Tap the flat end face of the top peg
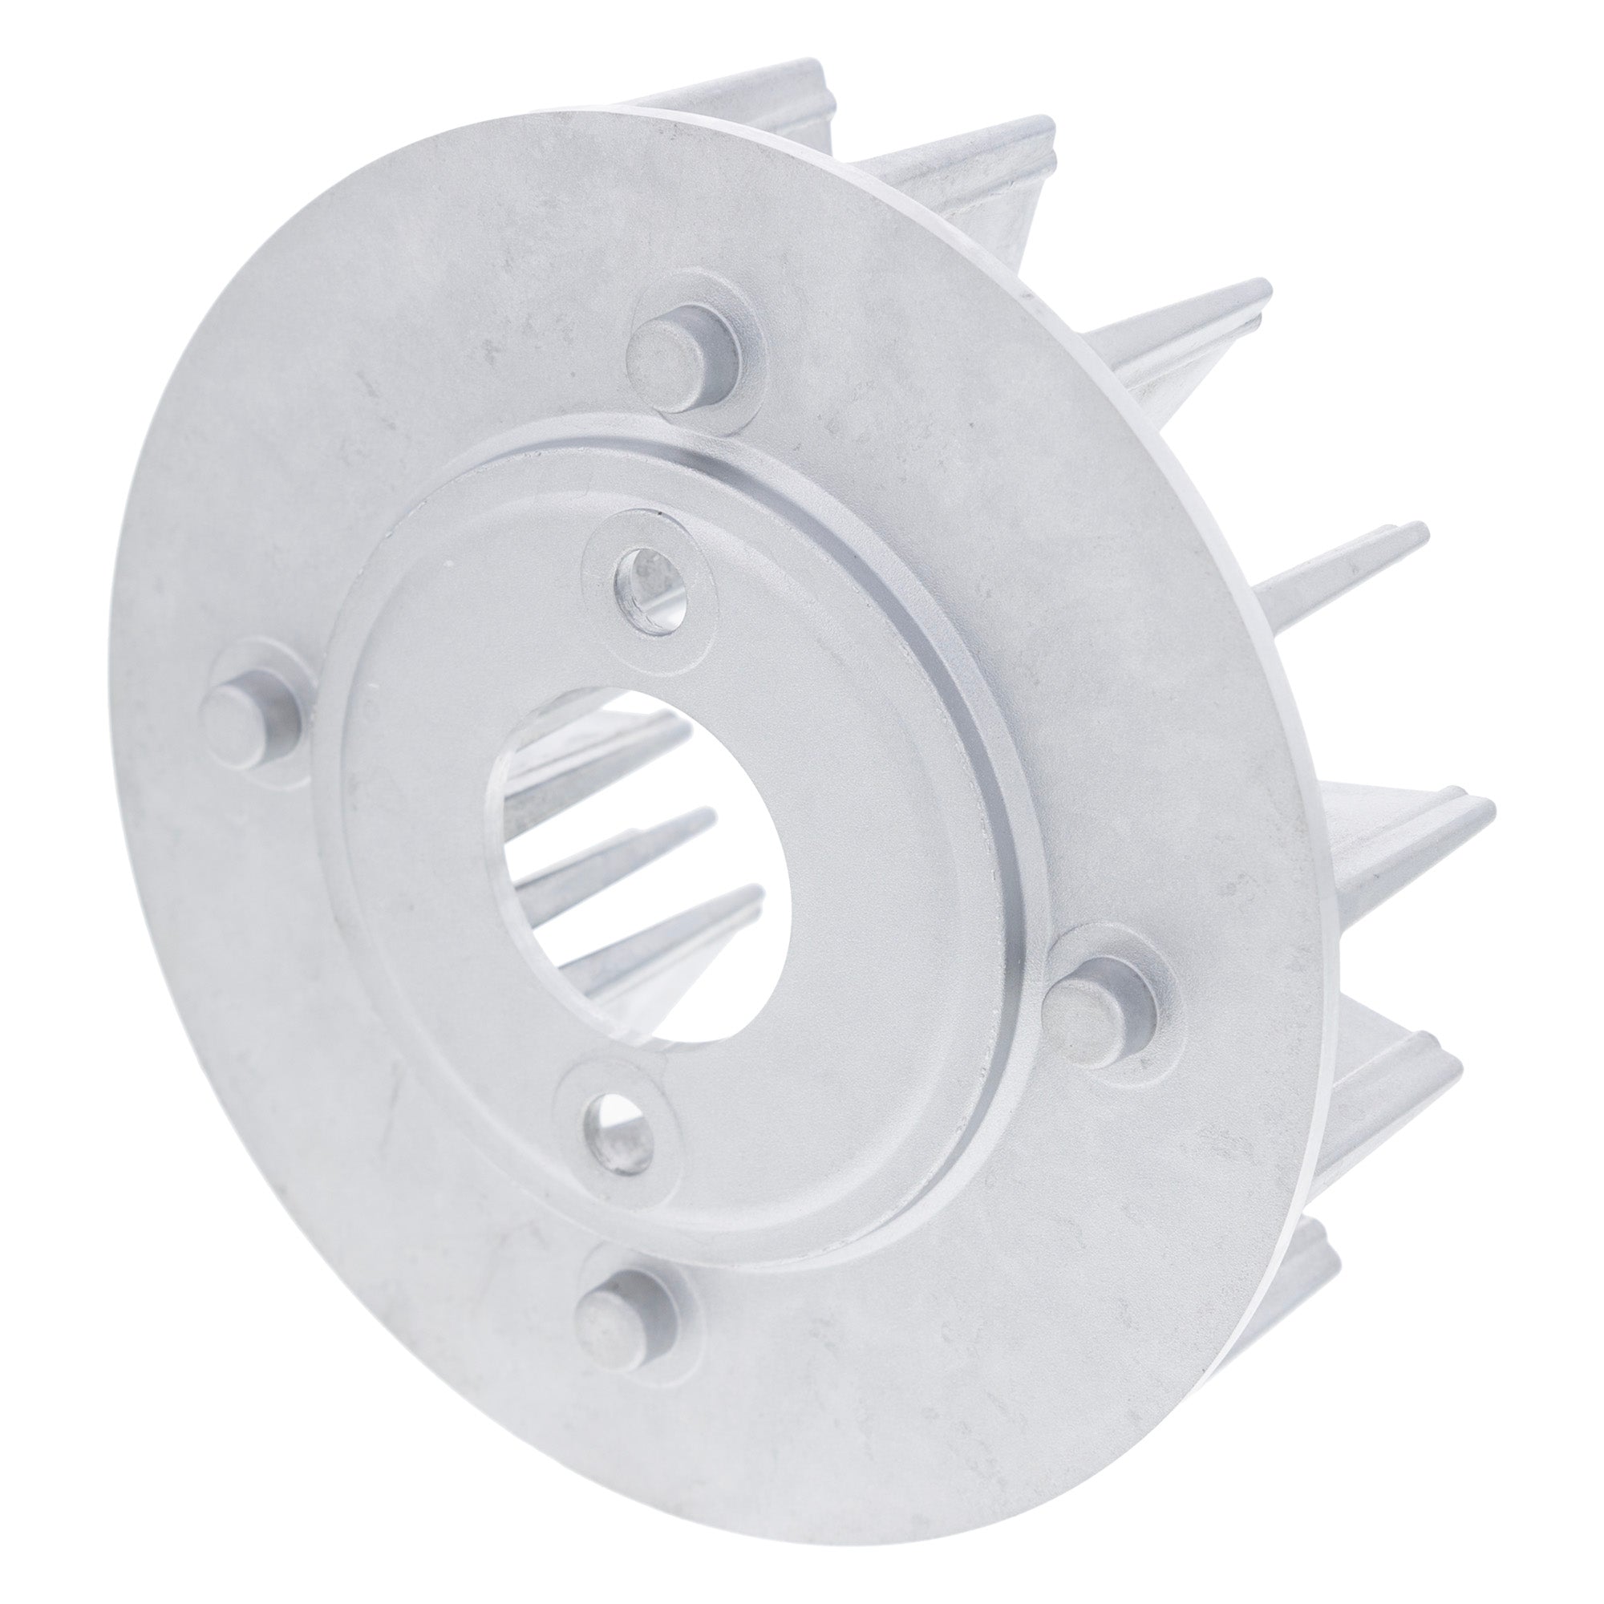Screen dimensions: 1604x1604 (x=660, y=349)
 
